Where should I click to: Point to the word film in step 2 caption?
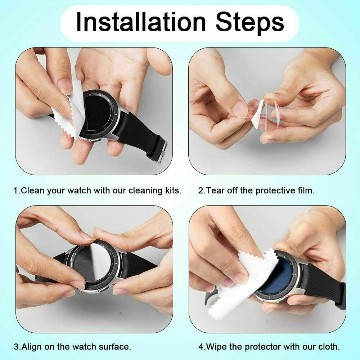(x=306, y=190)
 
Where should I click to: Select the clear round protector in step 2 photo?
(x=274, y=115)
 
